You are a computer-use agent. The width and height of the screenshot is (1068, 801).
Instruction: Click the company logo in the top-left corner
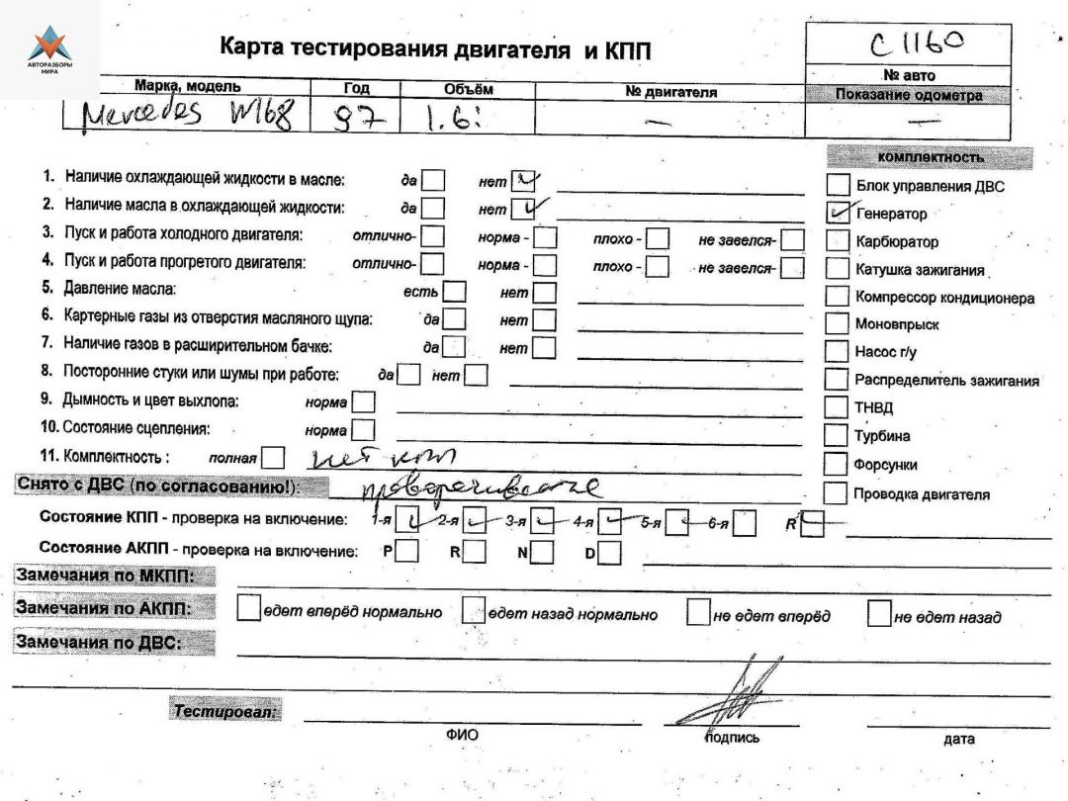point(49,49)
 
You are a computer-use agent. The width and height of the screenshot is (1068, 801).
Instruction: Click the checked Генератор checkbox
point(838,213)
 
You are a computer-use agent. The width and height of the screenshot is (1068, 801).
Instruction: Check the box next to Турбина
point(837,436)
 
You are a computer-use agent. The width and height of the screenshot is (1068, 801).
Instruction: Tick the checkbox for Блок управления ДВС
point(838,185)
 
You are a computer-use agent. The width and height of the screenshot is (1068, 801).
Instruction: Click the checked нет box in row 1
point(523,180)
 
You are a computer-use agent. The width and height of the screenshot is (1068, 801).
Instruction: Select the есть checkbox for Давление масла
point(454,293)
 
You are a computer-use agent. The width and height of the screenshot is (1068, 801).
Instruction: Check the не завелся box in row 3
point(792,237)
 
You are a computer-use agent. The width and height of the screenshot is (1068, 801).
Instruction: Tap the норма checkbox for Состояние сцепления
point(364,430)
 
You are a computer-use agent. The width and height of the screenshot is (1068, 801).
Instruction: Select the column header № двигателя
point(671,92)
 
